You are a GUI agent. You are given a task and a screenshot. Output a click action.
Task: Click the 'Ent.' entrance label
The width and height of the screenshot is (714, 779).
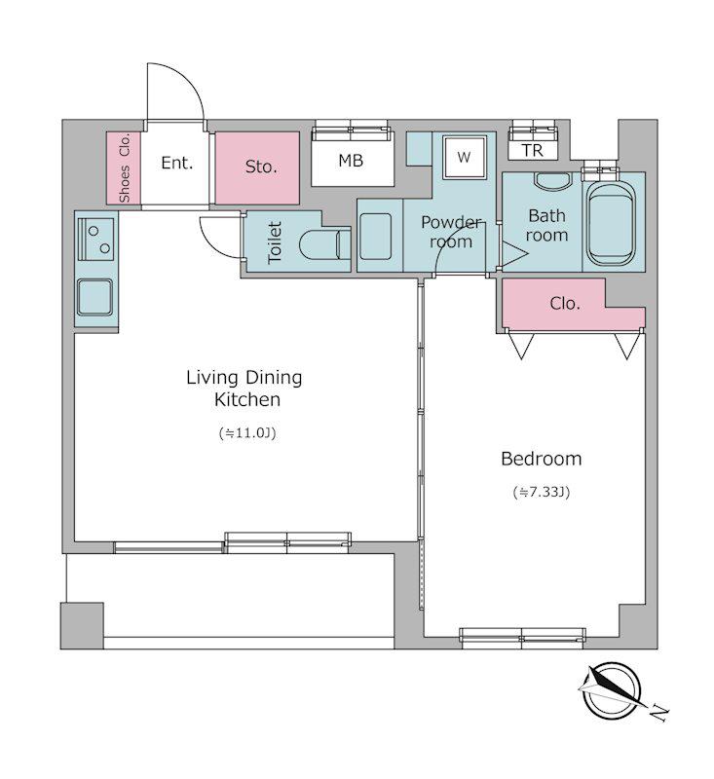(x=177, y=163)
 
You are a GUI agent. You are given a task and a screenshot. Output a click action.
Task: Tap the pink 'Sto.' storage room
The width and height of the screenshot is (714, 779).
(x=257, y=167)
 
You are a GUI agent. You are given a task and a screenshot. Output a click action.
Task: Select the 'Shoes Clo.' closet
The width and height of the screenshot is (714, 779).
(x=125, y=167)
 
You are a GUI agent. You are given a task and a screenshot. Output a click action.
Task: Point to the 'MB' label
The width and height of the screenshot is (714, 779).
(x=351, y=161)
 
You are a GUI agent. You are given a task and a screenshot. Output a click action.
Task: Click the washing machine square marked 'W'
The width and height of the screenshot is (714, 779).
(x=464, y=158)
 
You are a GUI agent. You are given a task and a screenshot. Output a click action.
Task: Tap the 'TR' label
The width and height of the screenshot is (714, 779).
(x=533, y=150)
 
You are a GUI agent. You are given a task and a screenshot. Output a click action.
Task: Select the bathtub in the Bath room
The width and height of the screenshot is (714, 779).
(x=611, y=223)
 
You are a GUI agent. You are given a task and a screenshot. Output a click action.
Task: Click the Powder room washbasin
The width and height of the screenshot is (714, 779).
(x=376, y=237)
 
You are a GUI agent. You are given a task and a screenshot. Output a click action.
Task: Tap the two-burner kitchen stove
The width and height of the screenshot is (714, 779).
(x=95, y=240)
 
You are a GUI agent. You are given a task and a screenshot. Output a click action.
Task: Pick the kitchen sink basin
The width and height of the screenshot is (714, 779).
(x=94, y=297)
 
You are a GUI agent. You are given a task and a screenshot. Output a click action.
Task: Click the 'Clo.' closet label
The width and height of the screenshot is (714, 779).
(x=565, y=304)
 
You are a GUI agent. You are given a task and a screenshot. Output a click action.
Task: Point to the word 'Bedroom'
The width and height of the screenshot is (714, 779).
(x=541, y=459)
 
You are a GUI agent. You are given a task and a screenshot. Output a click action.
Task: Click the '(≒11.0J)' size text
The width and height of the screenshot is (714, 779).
(x=247, y=433)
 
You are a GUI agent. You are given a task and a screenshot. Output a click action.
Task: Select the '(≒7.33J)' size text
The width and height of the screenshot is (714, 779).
(x=542, y=493)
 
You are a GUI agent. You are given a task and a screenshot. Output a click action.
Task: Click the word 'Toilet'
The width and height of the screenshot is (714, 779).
(x=275, y=242)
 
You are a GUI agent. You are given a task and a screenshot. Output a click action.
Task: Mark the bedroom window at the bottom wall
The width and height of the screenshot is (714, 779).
(x=522, y=638)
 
